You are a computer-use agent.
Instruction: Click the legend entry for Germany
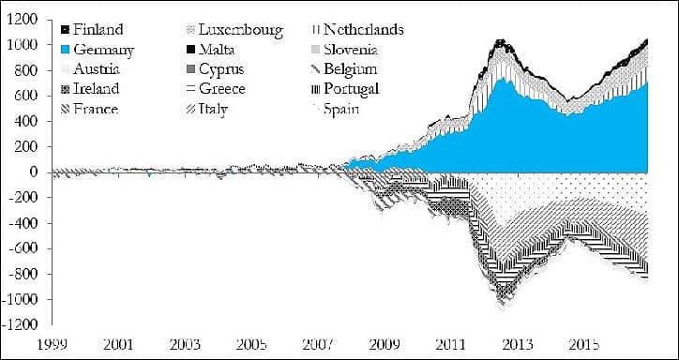pyautogui.click(x=98, y=50)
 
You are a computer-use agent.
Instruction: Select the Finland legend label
pyautogui.click(x=92, y=29)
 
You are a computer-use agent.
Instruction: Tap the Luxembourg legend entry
pyautogui.click(x=234, y=30)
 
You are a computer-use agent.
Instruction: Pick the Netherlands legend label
pyautogui.click(x=357, y=29)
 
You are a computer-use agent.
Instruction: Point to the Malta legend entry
pyautogui.click(x=211, y=50)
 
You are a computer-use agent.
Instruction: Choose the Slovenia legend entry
pyautogui.click(x=345, y=50)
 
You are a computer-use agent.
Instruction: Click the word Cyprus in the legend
pyautogui.click(x=221, y=69)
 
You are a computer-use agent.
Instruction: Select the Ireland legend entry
pyautogui.click(x=91, y=89)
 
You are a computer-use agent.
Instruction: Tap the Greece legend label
pyautogui.click(x=216, y=89)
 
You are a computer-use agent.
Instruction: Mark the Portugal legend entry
pyautogui.click(x=345, y=89)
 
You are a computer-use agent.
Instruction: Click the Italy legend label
pyautogui.click(x=207, y=109)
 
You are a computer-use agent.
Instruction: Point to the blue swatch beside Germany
pyautogui.click(x=66, y=49)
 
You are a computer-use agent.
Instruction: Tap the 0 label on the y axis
pyautogui.click(x=34, y=172)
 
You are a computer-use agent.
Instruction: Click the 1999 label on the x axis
pyautogui.click(x=53, y=345)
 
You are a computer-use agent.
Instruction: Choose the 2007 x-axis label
pyautogui.click(x=318, y=345)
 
